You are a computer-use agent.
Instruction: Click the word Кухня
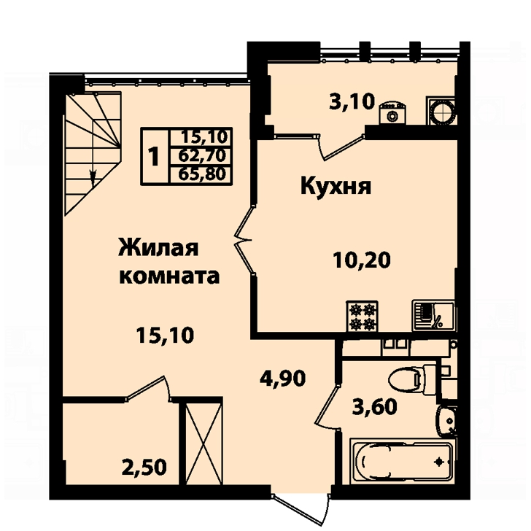click(336, 186)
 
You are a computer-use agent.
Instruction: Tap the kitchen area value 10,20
click(362, 260)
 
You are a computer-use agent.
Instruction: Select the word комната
click(170, 276)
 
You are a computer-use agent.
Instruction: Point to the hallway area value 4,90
click(283, 378)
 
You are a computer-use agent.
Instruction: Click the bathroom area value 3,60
click(374, 406)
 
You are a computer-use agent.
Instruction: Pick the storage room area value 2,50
click(145, 468)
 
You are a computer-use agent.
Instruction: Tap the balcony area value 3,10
click(352, 101)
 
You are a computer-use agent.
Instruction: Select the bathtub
click(402, 461)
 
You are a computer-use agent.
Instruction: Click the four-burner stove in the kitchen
click(362, 317)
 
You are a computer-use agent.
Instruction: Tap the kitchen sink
click(433, 316)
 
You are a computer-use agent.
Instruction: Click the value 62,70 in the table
click(202, 156)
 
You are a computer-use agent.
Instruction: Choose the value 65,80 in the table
click(202, 174)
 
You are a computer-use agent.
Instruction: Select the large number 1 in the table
click(154, 156)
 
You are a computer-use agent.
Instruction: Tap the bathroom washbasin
click(446, 420)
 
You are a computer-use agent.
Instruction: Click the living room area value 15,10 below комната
click(166, 336)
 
